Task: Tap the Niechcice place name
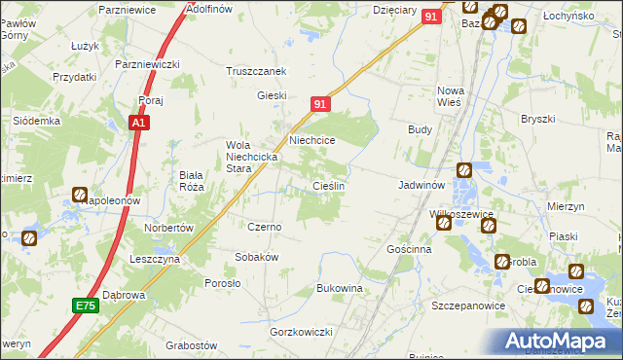click(x=311, y=140)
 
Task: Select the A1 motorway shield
click(x=139, y=124)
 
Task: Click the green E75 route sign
click(x=86, y=306)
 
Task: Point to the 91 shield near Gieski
click(x=322, y=103)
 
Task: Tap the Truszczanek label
click(x=255, y=71)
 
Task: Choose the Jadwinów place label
click(x=421, y=184)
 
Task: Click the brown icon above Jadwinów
click(x=464, y=170)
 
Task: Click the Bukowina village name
click(x=339, y=289)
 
